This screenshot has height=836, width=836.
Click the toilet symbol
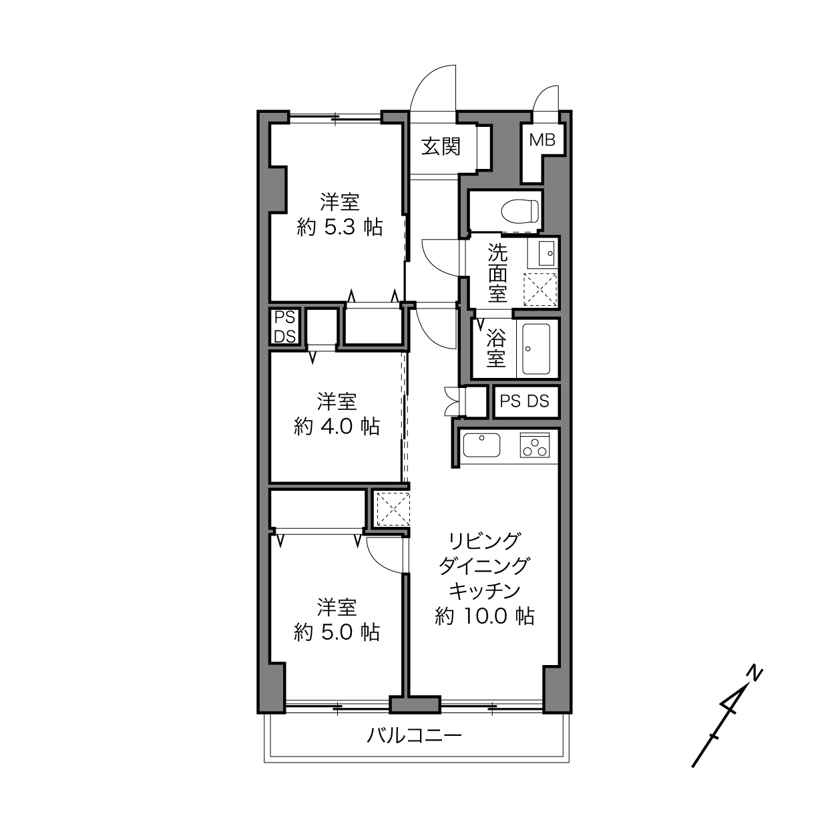(x=519, y=211)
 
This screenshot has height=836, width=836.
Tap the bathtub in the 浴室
(x=536, y=349)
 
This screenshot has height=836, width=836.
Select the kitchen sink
(x=481, y=445)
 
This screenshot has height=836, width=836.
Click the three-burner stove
(x=534, y=445)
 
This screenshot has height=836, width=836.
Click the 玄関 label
(x=441, y=147)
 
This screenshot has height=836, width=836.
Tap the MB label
(x=542, y=140)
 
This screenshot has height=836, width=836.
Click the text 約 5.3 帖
(x=340, y=227)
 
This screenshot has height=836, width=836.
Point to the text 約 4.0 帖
(x=337, y=427)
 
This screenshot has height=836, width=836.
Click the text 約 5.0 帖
(x=337, y=632)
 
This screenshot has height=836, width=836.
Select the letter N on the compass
(x=755, y=674)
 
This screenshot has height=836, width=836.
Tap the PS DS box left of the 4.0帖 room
(x=284, y=327)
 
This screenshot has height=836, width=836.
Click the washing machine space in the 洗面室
(x=540, y=289)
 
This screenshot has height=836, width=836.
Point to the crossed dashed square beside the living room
(x=393, y=509)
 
